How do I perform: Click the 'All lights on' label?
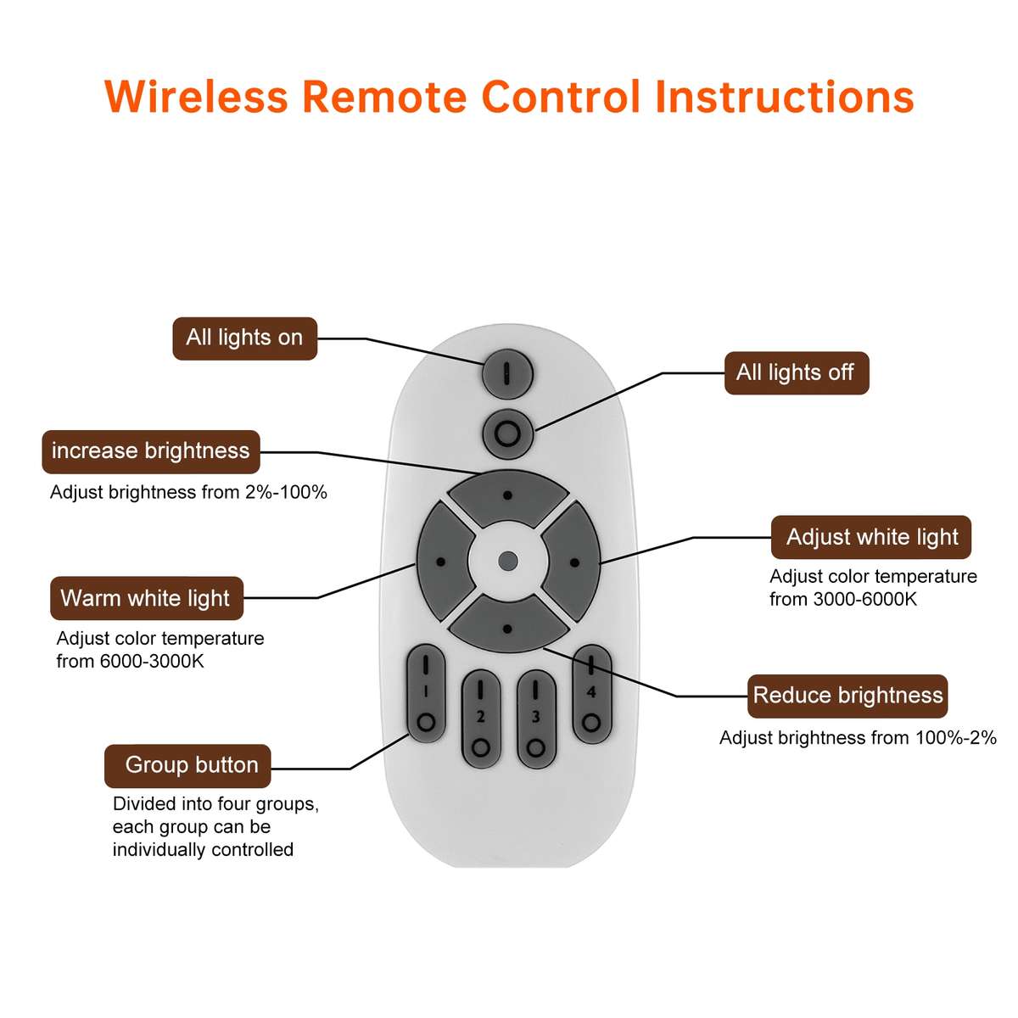[244, 338]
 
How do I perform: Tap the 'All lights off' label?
[796, 373]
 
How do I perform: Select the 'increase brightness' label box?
[151, 451]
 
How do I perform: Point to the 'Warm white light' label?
[146, 599]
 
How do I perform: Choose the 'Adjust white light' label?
[871, 538]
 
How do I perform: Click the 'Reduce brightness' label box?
[847, 696]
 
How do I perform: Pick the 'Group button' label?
[187, 766]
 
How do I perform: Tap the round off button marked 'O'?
[507, 434]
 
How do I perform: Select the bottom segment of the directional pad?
[507, 626]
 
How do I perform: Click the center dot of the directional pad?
[508, 561]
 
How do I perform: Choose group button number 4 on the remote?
[591, 694]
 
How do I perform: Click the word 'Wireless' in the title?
[196, 97]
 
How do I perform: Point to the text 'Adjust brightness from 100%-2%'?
[858, 738]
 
